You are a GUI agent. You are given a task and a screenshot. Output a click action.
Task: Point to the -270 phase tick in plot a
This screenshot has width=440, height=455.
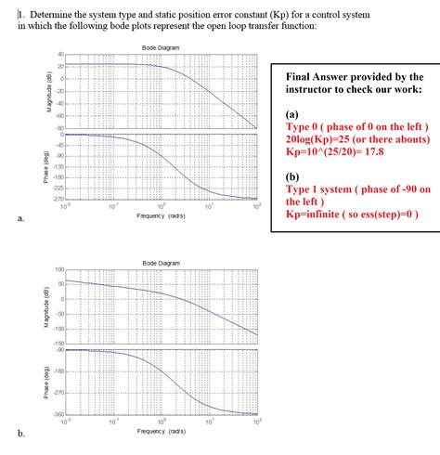58,199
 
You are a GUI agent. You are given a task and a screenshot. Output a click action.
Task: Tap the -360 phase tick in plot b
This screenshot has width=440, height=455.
58,414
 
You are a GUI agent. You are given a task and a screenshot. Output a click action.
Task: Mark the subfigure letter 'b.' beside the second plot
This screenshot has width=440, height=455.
20,434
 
